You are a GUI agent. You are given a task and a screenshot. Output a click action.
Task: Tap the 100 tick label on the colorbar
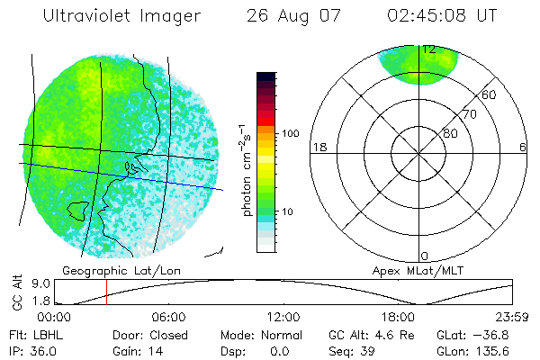(291, 133)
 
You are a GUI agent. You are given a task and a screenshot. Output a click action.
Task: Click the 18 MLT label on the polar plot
(318, 147)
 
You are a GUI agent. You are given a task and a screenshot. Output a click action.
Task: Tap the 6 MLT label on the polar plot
(522, 147)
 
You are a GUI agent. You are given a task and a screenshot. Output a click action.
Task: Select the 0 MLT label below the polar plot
(425, 256)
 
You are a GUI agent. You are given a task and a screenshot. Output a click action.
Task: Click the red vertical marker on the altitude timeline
(106, 292)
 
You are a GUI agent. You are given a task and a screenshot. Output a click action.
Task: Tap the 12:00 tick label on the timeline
(284, 317)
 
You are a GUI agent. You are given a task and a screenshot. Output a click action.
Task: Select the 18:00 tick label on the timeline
(399, 317)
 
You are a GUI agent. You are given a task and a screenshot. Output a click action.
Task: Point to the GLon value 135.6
(494, 351)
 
